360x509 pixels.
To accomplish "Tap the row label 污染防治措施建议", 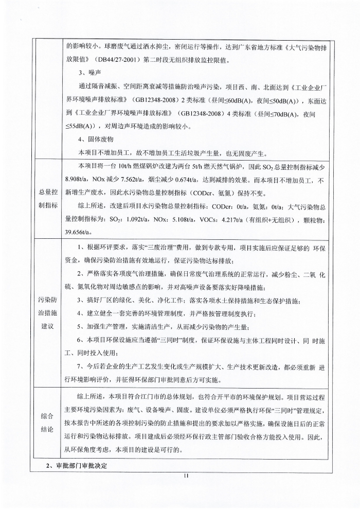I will (49, 313).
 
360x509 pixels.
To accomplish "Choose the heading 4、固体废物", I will (96, 139).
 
